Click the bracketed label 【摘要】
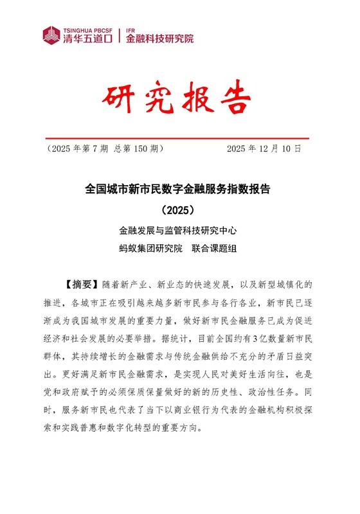79,284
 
